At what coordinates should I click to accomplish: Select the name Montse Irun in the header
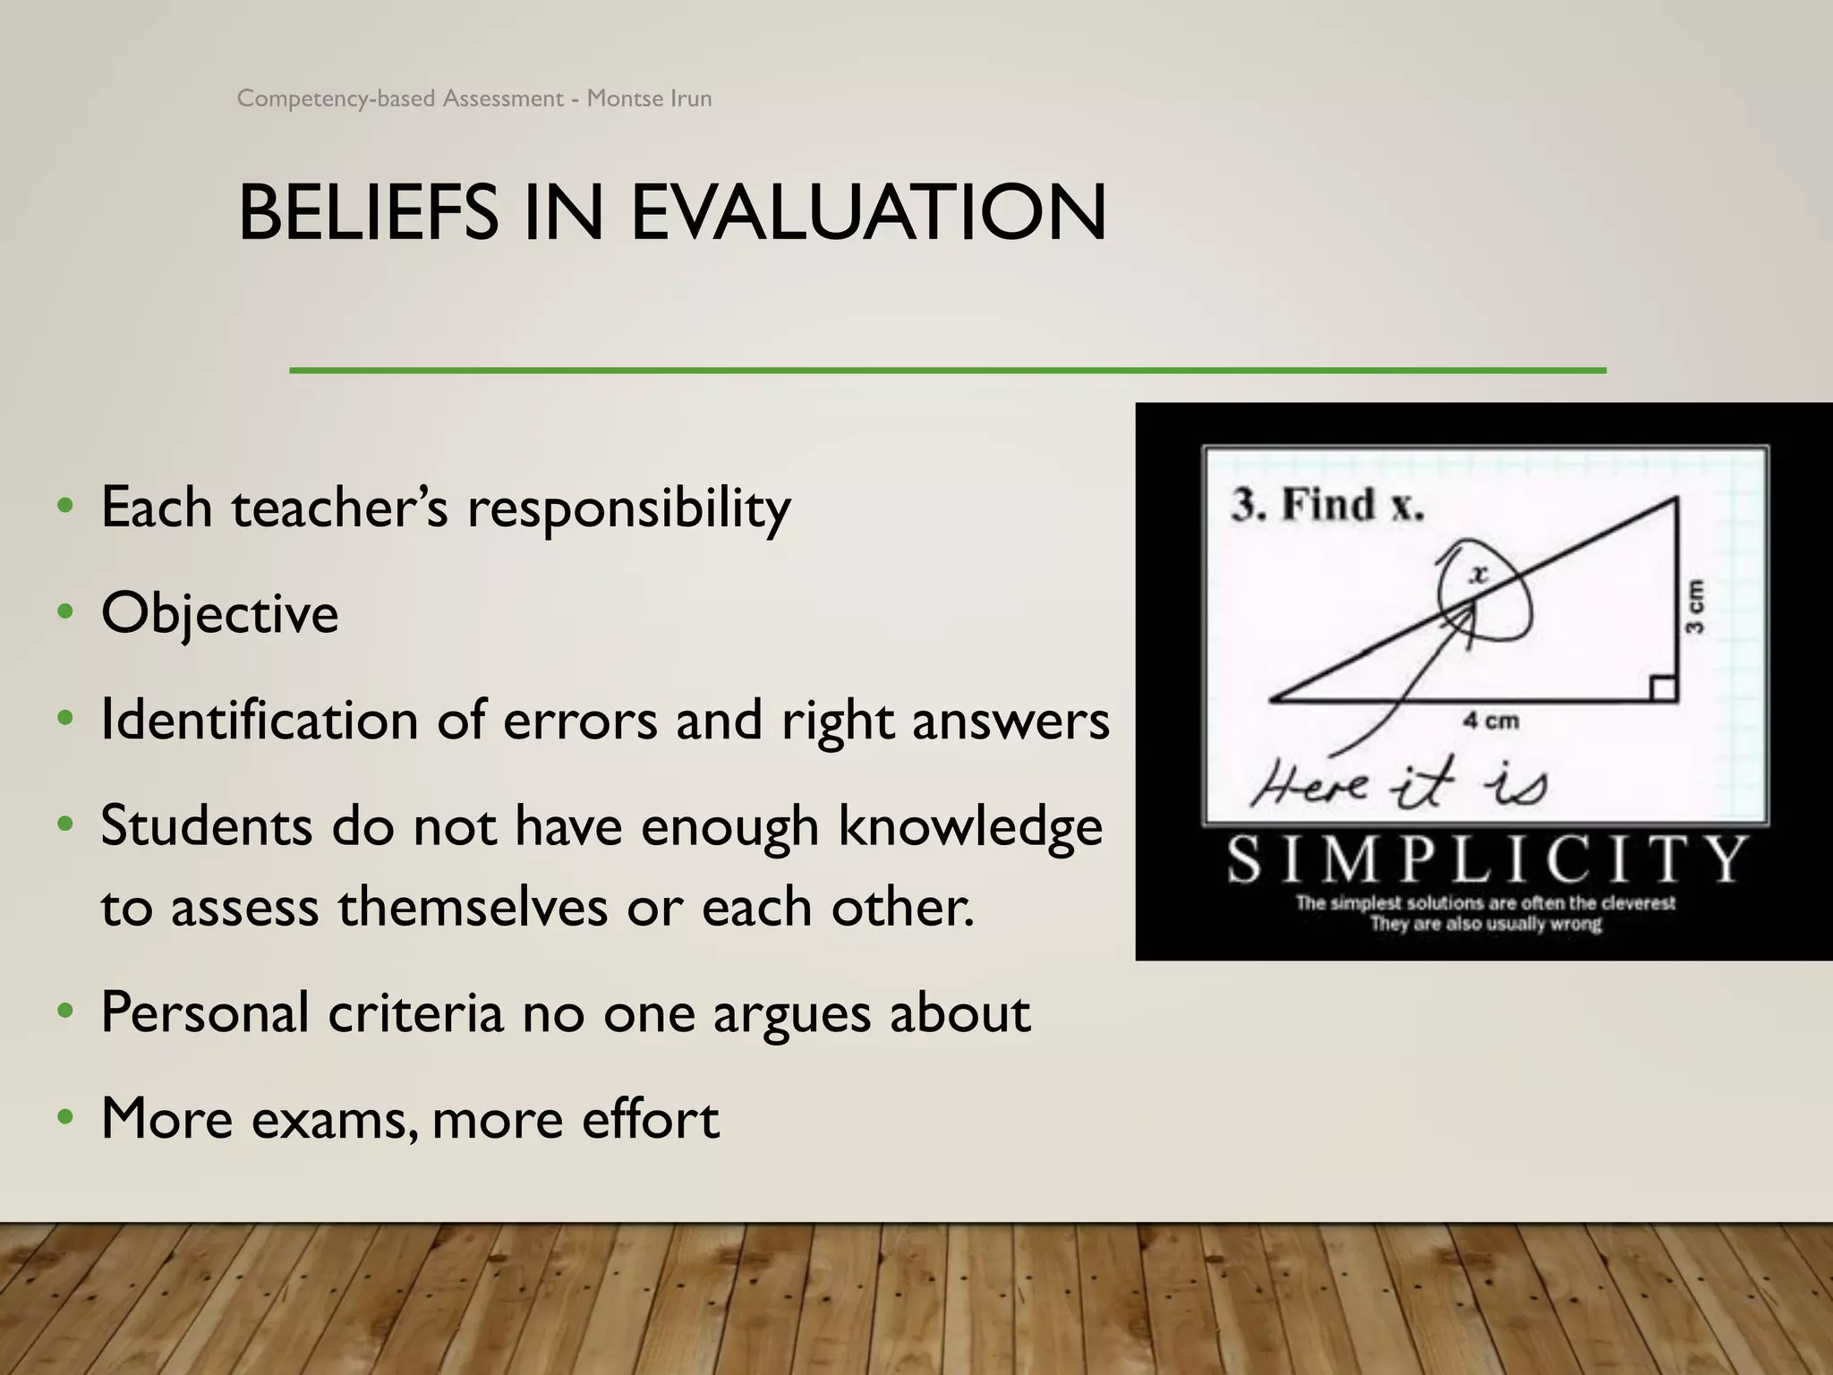[x=649, y=98]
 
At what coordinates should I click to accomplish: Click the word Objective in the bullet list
[x=220, y=614]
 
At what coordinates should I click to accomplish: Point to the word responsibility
[x=629, y=508]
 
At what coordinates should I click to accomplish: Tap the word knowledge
[x=970, y=827]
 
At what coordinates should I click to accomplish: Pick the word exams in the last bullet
[x=335, y=1119]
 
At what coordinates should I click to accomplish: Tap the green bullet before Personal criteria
[x=64, y=1013]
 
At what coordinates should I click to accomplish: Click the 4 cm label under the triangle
[x=1490, y=721]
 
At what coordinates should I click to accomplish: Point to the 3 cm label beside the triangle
[x=1694, y=607]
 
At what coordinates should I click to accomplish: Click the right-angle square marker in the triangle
[x=1663, y=688]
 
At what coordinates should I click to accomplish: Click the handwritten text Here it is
[x=1398, y=783]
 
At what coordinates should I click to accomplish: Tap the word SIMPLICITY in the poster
[x=1486, y=859]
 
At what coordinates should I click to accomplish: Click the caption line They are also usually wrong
[x=1486, y=924]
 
